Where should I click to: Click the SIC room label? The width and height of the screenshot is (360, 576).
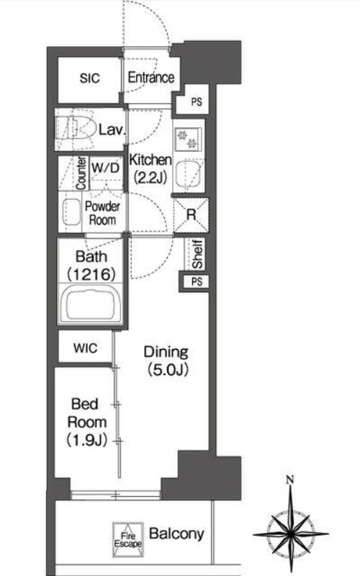pyautogui.click(x=89, y=78)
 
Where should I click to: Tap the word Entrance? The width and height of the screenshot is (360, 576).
pyautogui.click(x=151, y=78)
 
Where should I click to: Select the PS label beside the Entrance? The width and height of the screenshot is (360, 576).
pyautogui.click(x=197, y=102)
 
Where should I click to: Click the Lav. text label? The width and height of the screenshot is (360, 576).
pyautogui.click(x=112, y=130)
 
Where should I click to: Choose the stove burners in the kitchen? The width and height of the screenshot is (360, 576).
pyautogui.click(x=187, y=139)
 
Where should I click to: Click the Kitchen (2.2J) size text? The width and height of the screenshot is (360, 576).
pyautogui.click(x=150, y=168)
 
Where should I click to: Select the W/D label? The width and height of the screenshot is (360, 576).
pyautogui.click(x=105, y=168)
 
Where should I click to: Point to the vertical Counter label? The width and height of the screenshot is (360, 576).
pyautogui.click(x=81, y=173)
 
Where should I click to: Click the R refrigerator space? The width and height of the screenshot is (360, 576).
pyautogui.click(x=192, y=215)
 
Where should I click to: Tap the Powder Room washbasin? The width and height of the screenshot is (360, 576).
pyautogui.click(x=71, y=212)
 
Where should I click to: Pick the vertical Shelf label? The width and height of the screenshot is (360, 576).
pyautogui.click(x=197, y=254)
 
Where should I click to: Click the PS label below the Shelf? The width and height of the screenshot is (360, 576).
pyautogui.click(x=197, y=282)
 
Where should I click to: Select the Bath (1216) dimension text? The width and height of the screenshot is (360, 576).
pyautogui.click(x=91, y=265)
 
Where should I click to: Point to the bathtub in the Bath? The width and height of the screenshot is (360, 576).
pyautogui.click(x=91, y=304)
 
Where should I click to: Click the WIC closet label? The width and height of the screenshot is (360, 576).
pyautogui.click(x=85, y=348)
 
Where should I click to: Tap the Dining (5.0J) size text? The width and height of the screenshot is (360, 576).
pyautogui.click(x=167, y=361)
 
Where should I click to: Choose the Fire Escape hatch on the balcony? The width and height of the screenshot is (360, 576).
pyautogui.click(x=128, y=539)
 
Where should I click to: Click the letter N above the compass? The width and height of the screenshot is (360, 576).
pyautogui.click(x=291, y=479)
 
